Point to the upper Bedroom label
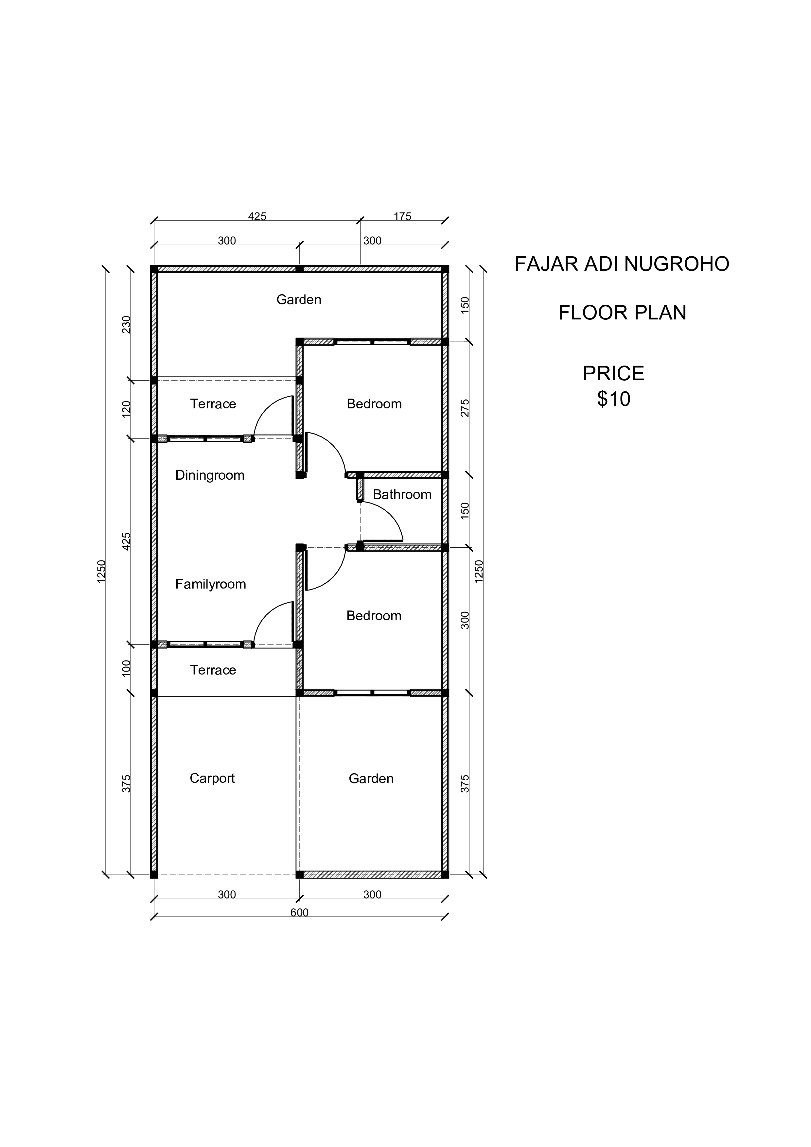(x=374, y=404)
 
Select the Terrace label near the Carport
(x=213, y=670)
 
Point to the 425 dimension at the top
(x=257, y=216)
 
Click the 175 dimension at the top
(x=402, y=216)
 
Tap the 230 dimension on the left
(x=126, y=325)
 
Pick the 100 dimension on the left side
(x=126, y=668)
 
